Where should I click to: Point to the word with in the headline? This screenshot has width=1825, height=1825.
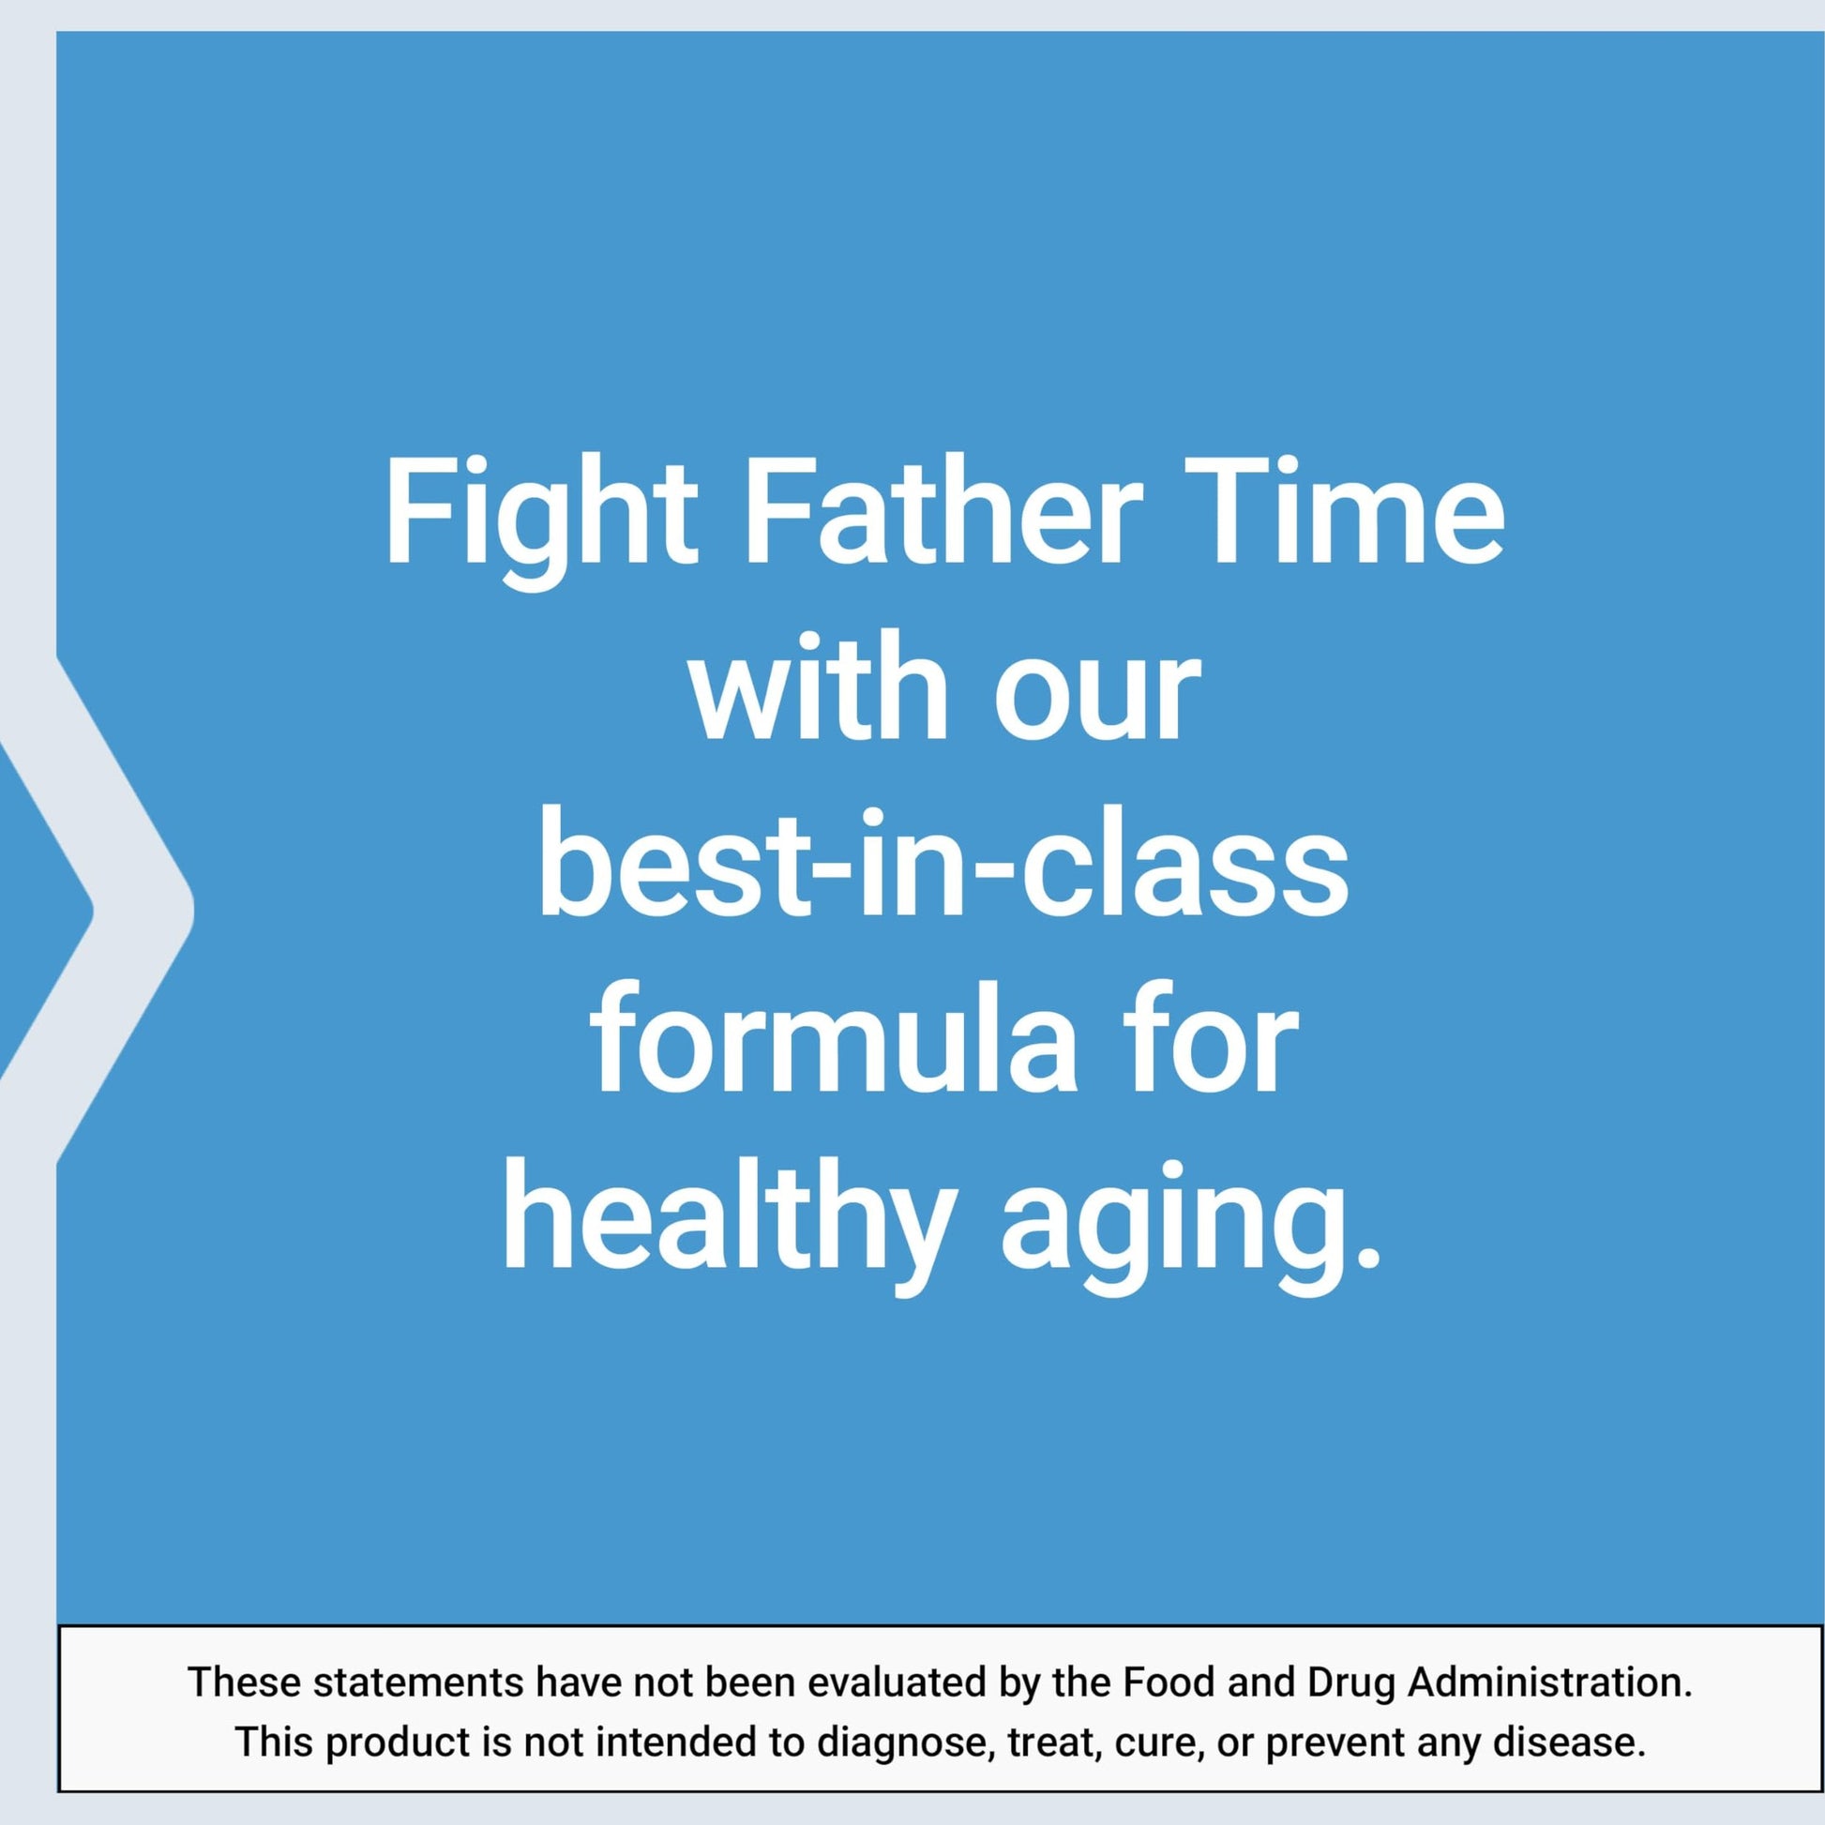[x=820, y=685]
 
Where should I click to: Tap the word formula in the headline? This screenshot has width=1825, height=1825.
[x=835, y=1037]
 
